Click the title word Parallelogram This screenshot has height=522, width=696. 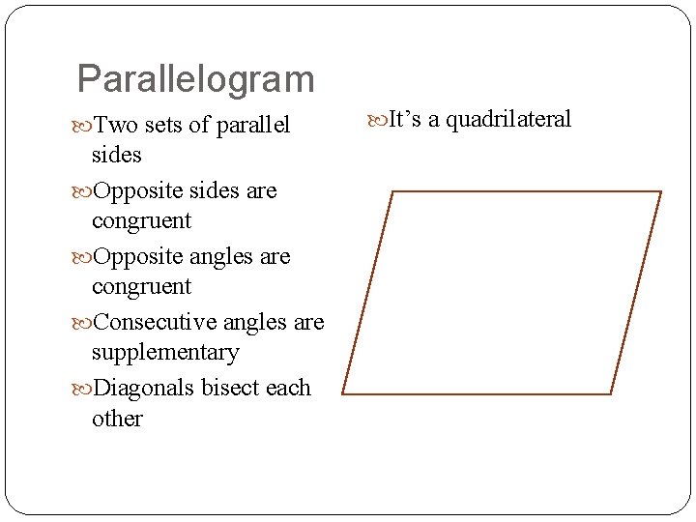click(195, 79)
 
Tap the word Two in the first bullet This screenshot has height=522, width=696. click(115, 126)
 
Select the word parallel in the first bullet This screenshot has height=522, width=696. click(253, 126)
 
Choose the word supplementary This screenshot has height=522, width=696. click(164, 353)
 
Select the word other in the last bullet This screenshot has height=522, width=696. click(117, 419)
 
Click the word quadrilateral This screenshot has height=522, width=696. click(508, 119)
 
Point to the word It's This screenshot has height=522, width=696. click(405, 119)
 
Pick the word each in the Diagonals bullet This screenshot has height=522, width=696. click(288, 388)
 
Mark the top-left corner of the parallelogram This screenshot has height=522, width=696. click(392, 191)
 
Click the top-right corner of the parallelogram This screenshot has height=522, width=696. click(661, 191)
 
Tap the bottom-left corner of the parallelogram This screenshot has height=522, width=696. click(342, 393)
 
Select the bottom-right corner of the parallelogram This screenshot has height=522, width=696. click(611, 393)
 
